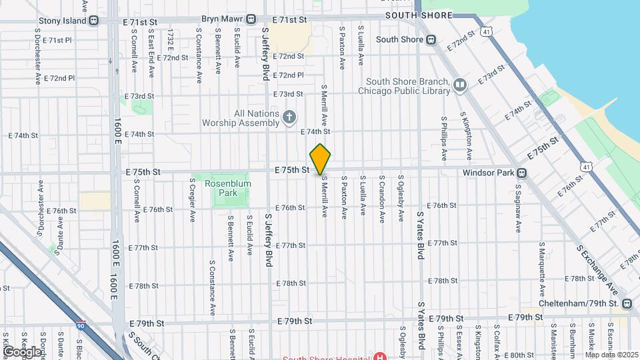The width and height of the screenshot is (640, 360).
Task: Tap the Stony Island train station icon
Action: [x=95, y=21]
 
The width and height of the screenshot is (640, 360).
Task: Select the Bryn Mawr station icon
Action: [x=251, y=19]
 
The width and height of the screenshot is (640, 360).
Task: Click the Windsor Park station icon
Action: [x=521, y=173]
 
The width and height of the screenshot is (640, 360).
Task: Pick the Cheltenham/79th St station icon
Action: [x=627, y=304]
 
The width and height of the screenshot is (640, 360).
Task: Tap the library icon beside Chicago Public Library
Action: [x=460, y=85]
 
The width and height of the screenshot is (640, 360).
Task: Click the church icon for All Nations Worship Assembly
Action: [x=289, y=118]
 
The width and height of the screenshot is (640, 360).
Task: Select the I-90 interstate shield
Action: [x=81, y=326]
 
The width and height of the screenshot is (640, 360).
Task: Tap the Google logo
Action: [x=22, y=351]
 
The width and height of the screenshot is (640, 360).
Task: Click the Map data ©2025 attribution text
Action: [x=611, y=355]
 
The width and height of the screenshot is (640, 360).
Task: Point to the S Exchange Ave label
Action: [x=597, y=267]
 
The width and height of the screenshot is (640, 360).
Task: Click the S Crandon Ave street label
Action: [x=382, y=199]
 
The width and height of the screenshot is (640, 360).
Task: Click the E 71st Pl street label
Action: [x=57, y=40]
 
